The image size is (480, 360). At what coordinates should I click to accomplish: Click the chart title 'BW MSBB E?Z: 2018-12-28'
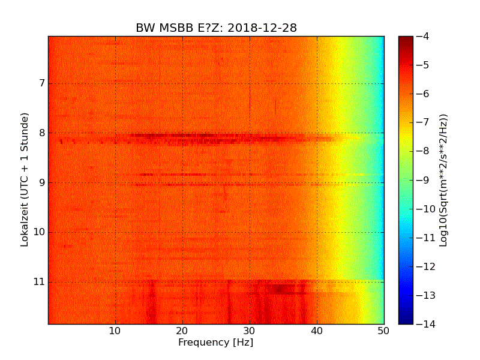pyautogui.click(x=216, y=28)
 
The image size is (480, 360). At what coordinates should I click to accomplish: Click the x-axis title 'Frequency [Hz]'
pyautogui.click(x=216, y=343)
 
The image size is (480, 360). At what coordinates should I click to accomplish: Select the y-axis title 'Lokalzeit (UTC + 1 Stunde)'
pyautogui.click(x=25, y=180)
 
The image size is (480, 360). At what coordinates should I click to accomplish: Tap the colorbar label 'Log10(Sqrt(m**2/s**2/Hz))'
pyautogui.click(x=443, y=180)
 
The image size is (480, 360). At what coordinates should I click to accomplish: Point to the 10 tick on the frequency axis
pyautogui.click(x=115, y=331)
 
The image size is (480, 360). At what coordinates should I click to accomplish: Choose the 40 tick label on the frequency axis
pyautogui.click(x=317, y=331)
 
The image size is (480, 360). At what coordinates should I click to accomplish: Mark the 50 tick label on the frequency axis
pyautogui.click(x=384, y=331)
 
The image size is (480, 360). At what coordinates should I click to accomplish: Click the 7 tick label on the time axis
pyautogui.click(x=41, y=83)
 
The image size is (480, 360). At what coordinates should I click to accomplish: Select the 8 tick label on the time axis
pyautogui.click(x=41, y=133)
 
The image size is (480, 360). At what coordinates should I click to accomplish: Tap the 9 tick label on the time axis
pyautogui.click(x=41, y=182)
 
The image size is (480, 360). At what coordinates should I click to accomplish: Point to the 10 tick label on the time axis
pyautogui.click(x=38, y=232)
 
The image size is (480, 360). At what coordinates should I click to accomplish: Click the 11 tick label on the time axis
pyautogui.click(x=38, y=282)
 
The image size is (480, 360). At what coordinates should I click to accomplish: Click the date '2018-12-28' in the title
pyautogui.click(x=262, y=28)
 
